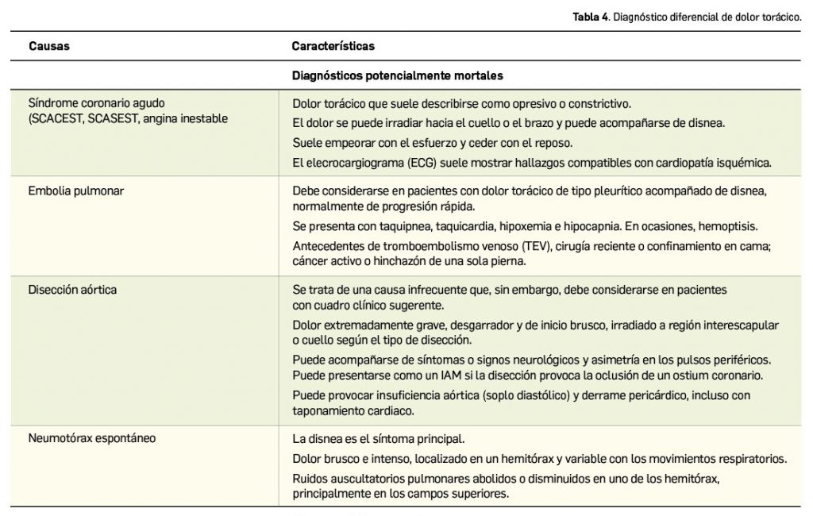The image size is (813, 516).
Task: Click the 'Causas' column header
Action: coord(49,46)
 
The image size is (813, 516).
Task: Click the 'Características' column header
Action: coord(333,46)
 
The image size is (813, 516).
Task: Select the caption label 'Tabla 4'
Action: coord(588,17)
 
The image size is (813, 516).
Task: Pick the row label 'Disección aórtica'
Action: coord(72,290)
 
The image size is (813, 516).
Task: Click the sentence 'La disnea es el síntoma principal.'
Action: coord(378,438)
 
